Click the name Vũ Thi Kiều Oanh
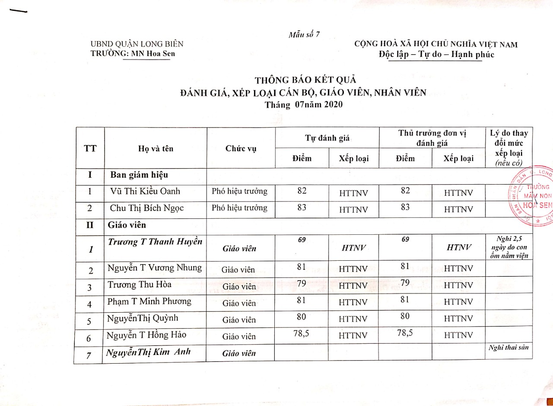145,191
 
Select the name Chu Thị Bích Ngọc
147,208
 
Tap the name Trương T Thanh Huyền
155,242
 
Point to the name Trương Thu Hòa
139,285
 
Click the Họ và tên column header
156,148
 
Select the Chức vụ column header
241,148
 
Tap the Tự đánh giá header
327,138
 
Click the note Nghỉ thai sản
509,347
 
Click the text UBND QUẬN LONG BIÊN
137,44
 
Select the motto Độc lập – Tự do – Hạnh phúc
436,54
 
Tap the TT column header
90,148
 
